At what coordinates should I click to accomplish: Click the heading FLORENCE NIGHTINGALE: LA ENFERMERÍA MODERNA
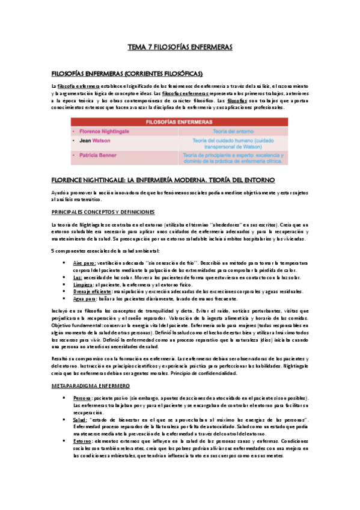163,179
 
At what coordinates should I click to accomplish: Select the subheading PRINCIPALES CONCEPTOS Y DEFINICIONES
103,212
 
